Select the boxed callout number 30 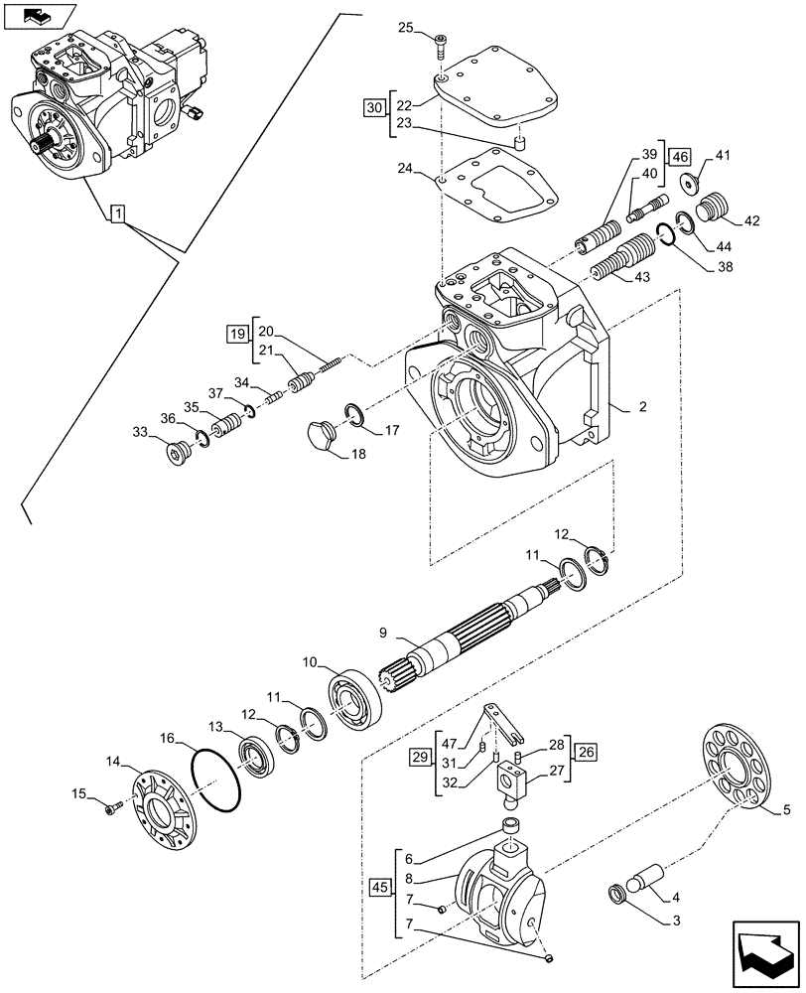tap(373, 106)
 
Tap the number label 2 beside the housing tap(642, 407)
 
